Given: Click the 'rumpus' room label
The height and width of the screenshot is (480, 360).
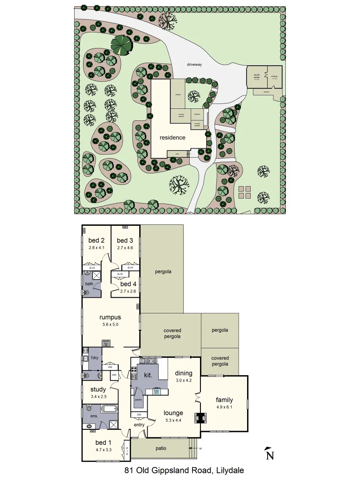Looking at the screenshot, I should pos(110,317).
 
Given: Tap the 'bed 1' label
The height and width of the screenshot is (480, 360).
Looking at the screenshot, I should pos(101,442).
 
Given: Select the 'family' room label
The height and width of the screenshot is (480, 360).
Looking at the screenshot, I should pos(224,400).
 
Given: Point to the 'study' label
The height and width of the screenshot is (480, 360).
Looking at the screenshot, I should pos(98,389).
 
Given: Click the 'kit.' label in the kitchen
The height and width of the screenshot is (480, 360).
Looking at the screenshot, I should pos(148,375).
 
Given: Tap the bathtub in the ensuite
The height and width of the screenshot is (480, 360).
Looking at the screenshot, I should pos(108,409).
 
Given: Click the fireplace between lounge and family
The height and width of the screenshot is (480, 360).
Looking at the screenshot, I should pos(200,418).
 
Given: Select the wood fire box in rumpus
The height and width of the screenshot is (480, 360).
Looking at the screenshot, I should pos(106,343).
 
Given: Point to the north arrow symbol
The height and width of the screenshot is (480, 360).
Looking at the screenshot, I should pos(269,454).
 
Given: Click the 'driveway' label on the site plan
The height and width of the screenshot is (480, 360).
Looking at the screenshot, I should pos(194,65).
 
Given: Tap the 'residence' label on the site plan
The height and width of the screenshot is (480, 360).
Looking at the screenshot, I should pos(172,138).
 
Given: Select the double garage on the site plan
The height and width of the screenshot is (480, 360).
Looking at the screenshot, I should pos(257,77).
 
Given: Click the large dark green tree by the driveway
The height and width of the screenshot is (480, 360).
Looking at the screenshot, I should pos(121,44).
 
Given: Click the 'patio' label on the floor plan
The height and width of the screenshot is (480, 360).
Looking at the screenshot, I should pos(161,448).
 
